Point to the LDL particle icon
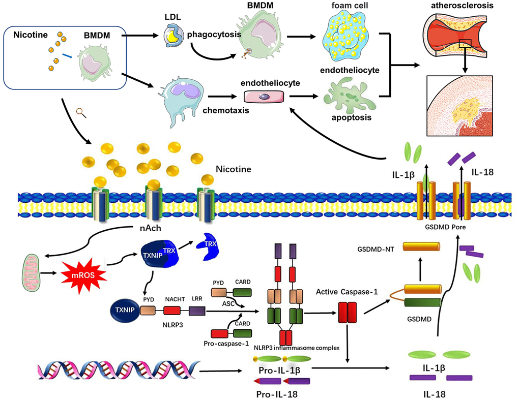click(173, 40)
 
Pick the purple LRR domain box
click(196, 310)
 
